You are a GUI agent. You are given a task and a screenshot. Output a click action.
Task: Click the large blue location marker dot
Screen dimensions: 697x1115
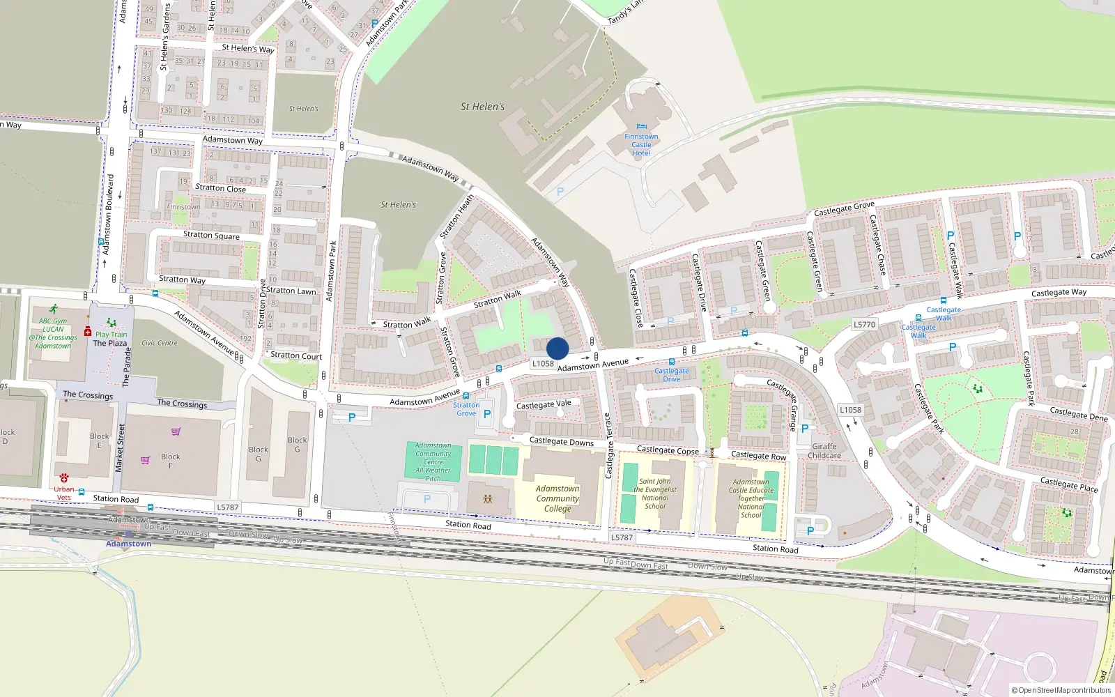(x=557, y=348)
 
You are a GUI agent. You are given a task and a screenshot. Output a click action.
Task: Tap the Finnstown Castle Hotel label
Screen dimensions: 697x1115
(x=641, y=145)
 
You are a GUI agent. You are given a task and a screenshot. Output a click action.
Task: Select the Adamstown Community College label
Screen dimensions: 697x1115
(x=557, y=498)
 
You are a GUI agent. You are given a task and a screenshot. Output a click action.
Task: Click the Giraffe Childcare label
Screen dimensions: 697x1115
(x=824, y=451)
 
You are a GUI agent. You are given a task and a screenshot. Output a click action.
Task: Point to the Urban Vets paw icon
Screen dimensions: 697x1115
(x=64, y=477)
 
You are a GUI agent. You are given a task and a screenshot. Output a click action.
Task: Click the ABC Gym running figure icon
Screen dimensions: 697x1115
(x=54, y=309)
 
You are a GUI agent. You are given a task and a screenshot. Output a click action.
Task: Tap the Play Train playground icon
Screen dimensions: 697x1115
(x=111, y=323)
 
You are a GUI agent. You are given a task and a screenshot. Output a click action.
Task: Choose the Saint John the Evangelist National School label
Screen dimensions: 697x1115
(x=655, y=493)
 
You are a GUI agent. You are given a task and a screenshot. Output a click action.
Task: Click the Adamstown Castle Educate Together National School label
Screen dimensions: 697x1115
(x=751, y=498)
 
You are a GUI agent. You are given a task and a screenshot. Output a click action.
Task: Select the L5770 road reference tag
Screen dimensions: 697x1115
(x=864, y=324)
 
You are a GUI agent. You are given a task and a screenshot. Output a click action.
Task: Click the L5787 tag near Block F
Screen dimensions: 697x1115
(x=228, y=507)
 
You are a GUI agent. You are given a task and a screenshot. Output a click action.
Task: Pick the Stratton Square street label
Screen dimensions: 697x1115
(x=211, y=235)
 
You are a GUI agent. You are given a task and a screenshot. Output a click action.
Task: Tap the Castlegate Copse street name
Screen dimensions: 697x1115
(x=668, y=450)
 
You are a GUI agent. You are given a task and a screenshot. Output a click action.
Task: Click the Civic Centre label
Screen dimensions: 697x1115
(x=160, y=343)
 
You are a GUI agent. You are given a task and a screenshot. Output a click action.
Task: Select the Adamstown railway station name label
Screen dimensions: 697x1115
(x=129, y=544)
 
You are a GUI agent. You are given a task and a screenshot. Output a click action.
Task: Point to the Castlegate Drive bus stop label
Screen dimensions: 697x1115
(x=671, y=375)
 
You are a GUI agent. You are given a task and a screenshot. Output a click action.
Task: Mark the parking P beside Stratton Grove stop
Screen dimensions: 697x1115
(x=487, y=414)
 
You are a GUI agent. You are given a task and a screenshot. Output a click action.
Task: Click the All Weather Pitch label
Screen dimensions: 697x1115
(x=433, y=474)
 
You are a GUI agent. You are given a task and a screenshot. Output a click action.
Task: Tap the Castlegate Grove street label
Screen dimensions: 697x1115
(x=844, y=208)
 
